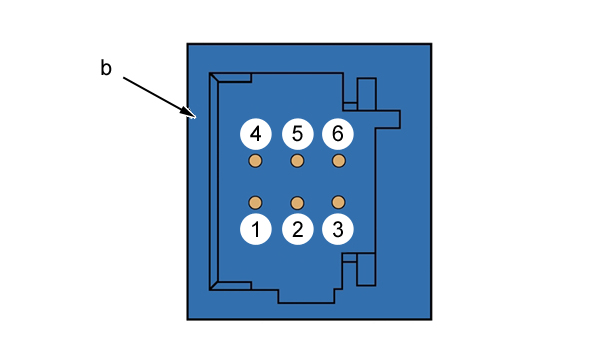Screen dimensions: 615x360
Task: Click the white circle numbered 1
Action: point(256,229)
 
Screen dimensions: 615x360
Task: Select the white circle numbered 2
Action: point(298,229)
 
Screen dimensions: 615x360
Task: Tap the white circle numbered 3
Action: point(338,229)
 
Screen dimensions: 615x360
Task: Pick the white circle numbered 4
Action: point(256,134)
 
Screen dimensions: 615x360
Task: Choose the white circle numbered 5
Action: point(298,134)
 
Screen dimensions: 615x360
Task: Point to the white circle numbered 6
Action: point(338,134)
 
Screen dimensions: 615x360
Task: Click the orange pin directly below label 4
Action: point(255,161)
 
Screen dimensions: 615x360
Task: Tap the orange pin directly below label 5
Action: point(297,161)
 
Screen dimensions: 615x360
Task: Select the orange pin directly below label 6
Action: point(339,161)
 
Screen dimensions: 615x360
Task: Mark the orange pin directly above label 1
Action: point(255,203)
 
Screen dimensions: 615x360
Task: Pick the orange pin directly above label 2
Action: point(297,203)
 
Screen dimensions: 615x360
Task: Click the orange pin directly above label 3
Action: point(338,202)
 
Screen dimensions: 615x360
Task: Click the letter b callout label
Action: point(106,67)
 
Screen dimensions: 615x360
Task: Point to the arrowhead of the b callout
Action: point(191,114)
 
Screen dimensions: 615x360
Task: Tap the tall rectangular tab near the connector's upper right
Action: point(367,94)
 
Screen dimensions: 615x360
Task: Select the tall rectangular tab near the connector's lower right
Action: point(366,269)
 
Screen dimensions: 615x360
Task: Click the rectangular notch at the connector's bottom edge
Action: point(306,296)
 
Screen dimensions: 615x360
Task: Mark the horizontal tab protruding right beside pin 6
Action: point(388,119)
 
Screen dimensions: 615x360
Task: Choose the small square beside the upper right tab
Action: point(350,106)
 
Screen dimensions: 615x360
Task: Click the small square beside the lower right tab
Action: point(350,258)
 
